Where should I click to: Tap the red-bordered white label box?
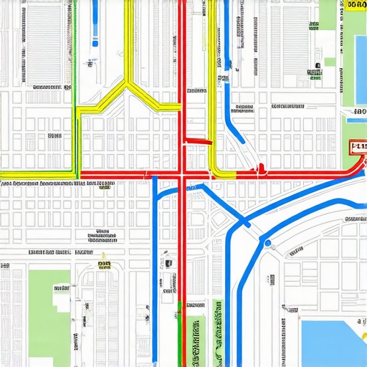point(356,148)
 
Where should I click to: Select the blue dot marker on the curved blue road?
point(269,244)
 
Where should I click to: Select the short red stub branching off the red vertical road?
point(199,140)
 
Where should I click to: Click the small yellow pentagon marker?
point(103,256)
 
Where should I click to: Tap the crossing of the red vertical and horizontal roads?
point(183,173)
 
